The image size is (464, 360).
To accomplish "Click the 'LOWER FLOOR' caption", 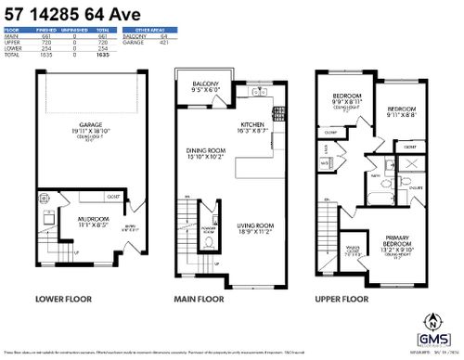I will pyautogui.click(x=62, y=300).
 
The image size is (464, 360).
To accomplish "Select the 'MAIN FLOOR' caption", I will pyautogui.click(x=200, y=300).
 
